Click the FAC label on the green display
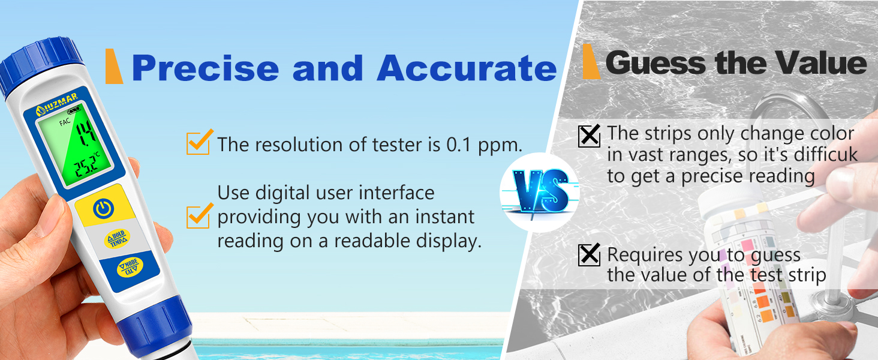[x=64, y=123]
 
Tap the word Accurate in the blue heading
[x=467, y=68]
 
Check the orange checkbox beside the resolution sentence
[x=199, y=143]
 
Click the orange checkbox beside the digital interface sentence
[x=199, y=216]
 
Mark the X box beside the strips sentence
[x=589, y=136]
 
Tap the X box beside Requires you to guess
[x=589, y=256]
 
